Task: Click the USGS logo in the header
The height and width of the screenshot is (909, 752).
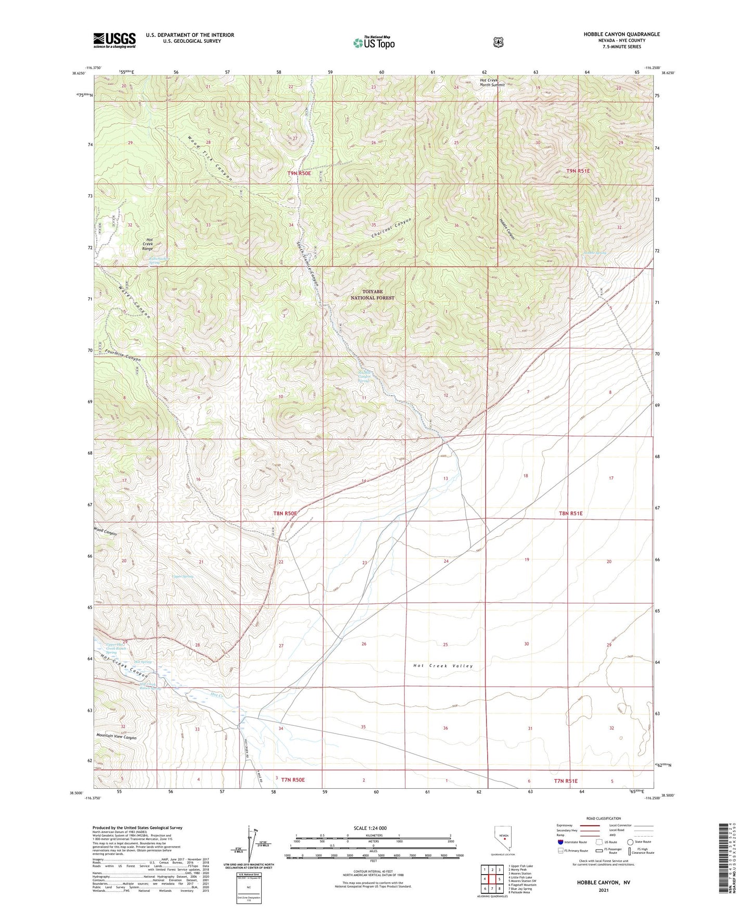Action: [x=114, y=40]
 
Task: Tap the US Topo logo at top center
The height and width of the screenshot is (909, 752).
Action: [x=373, y=42]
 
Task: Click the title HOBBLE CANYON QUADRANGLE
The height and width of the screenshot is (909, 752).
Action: [x=614, y=34]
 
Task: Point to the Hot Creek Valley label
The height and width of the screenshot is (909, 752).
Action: [x=443, y=666]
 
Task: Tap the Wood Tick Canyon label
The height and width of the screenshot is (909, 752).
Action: [x=210, y=158]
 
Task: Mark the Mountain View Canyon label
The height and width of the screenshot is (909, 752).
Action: [x=116, y=738]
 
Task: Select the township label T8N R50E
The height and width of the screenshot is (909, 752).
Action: [x=285, y=513]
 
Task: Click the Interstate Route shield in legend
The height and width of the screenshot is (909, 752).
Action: [x=560, y=842]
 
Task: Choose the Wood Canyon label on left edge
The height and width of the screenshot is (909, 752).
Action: [x=105, y=533]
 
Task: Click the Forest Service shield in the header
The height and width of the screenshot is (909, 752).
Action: [x=498, y=42]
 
